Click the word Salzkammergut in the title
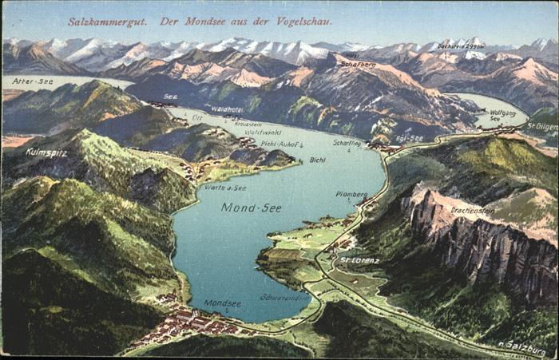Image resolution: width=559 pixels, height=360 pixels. tap(107, 22)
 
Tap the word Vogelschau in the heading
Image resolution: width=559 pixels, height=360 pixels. tap(283, 22)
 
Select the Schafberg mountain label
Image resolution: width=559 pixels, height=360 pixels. tap(358, 65)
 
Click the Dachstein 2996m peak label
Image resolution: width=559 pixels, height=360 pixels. tap(461, 47)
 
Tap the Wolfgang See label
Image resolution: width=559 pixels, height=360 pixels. tap(502, 115)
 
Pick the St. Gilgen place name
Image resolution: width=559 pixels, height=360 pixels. tap(541, 126)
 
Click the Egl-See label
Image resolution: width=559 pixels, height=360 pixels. tap(410, 138)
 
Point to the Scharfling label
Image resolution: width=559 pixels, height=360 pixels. tap(347, 143)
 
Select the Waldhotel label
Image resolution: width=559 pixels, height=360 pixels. tap(227, 109)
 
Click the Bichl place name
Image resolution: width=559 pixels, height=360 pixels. tap(317, 160)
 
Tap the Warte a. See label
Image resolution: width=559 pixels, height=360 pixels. tap(226, 188)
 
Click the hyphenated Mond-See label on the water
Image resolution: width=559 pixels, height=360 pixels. tap(251, 208)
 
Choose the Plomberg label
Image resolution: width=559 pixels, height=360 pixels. tap(351, 194)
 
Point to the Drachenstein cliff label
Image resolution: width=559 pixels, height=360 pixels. tap(472, 211)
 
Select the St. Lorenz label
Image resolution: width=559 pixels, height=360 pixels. tap(359, 260)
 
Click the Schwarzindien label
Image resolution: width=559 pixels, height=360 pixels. tap(283, 297)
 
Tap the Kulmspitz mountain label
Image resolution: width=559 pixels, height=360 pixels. tap(46, 152)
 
